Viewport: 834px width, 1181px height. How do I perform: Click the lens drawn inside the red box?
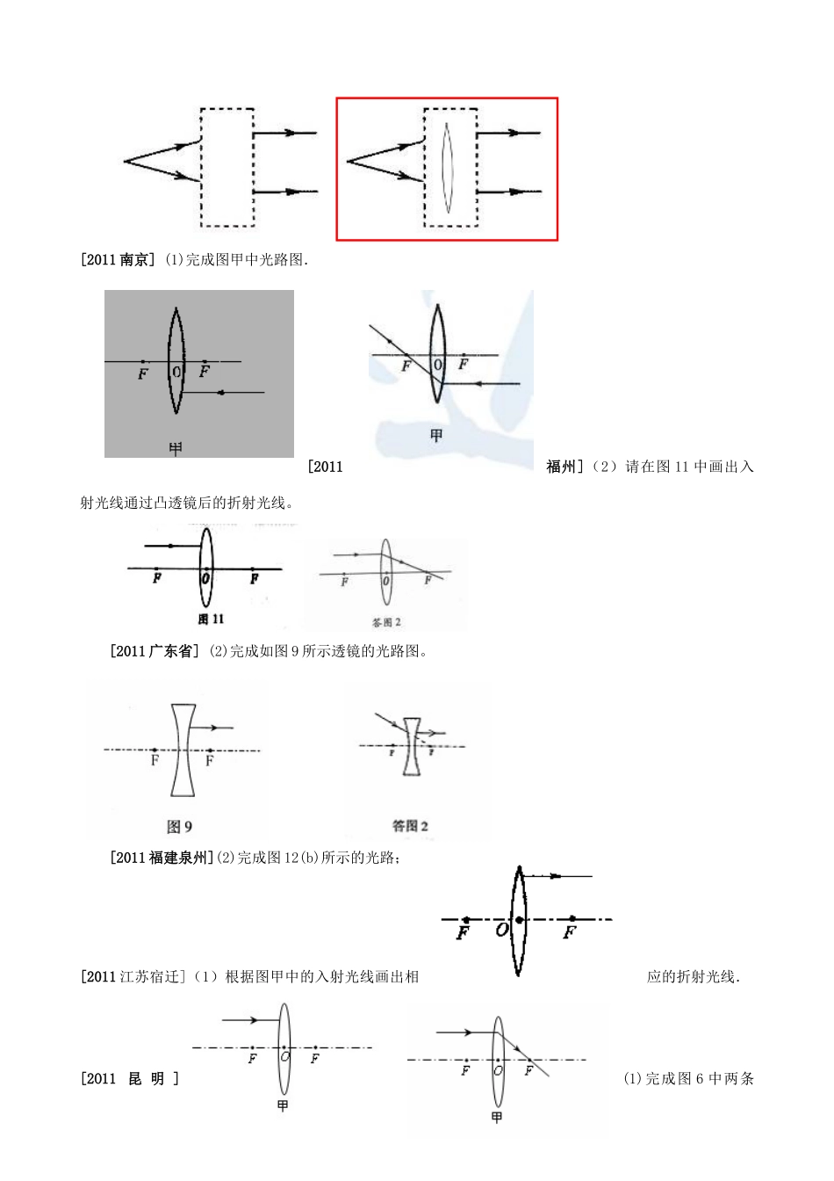point(447,167)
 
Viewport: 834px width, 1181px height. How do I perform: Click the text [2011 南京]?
point(117,260)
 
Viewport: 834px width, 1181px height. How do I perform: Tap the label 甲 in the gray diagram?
point(176,448)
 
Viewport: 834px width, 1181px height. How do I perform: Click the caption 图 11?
point(211,619)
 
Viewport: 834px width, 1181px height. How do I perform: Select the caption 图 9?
point(179,826)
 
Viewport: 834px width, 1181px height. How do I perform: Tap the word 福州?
point(561,467)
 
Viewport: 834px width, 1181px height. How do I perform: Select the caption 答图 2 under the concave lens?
point(410,826)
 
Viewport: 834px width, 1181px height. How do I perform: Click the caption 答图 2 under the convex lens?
point(385,622)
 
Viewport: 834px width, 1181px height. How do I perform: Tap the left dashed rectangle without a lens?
point(227,167)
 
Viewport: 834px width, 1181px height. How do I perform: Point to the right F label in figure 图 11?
point(254,579)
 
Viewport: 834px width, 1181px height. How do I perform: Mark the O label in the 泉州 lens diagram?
point(501,929)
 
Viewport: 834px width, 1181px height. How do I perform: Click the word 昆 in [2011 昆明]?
point(134,1079)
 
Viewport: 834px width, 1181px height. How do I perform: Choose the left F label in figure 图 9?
point(155,761)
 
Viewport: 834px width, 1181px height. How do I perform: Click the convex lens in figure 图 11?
point(206,567)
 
